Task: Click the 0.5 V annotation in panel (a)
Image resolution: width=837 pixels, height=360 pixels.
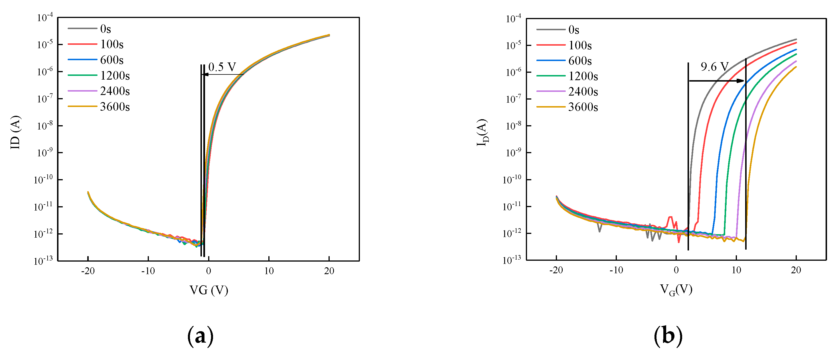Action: click(222, 67)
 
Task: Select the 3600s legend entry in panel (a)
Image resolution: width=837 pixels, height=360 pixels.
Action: click(115, 107)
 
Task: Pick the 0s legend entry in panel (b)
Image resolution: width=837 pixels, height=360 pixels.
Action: click(573, 30)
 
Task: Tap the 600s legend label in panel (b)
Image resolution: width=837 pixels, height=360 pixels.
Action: click(580, 61)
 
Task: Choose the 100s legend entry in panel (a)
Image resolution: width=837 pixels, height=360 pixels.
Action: click(112, 44)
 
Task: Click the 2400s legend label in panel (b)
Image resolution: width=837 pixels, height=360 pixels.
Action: click(583, 92)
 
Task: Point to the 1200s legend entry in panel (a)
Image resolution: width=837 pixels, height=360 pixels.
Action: click(115, 75)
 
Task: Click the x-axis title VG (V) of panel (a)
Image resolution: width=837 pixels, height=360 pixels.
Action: click(208, 290)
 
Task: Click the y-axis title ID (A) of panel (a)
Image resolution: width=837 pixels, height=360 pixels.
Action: click(15, 132)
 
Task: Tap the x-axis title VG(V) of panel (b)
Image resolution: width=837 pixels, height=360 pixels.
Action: click(676, 289)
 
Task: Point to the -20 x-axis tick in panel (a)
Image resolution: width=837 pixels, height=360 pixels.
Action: click(88, 271)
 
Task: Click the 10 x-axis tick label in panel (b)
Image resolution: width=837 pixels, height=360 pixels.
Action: click(736, 270)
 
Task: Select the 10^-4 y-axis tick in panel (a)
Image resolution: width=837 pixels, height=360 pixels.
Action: click(44, 18)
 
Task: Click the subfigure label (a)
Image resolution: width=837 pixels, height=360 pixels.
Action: click(200, 336)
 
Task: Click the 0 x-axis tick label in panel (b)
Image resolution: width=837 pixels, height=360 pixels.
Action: click(676, 270)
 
